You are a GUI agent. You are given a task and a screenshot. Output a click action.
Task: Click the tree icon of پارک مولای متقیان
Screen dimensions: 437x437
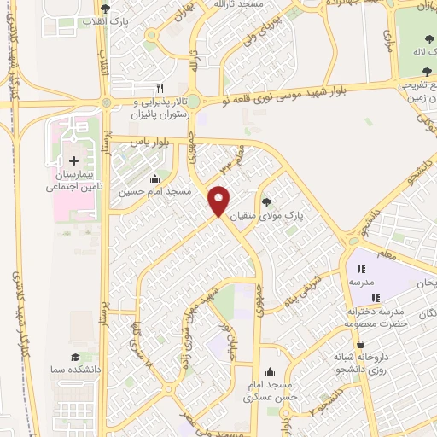pos(267,202)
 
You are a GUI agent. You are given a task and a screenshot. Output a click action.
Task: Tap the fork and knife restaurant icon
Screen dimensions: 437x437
pos(159,87)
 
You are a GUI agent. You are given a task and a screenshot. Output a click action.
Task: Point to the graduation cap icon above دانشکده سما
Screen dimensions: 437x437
pos(74,357)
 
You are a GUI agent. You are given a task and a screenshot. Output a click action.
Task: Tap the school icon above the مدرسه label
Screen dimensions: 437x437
pos(361,269)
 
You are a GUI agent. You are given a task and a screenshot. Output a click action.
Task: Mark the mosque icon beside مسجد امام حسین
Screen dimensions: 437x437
pos(154,179)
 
